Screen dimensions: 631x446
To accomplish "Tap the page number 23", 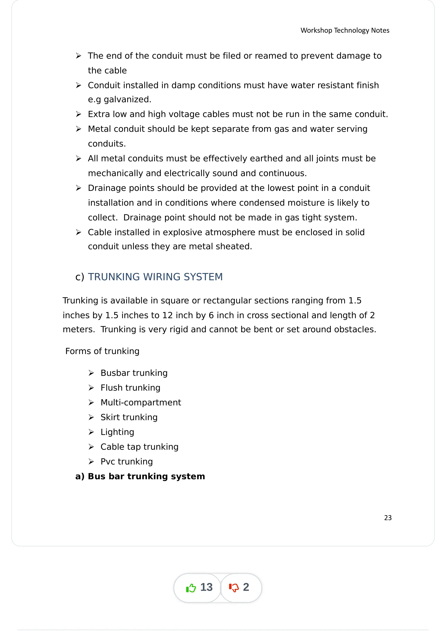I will point(387,518).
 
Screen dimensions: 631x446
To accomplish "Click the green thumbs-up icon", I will point(191,588).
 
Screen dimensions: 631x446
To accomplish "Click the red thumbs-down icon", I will point(234,588).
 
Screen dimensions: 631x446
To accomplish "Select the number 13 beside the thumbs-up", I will point(206,587).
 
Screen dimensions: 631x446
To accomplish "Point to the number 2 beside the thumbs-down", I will point(246,587).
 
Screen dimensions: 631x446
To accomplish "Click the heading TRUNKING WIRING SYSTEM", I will point(155,277).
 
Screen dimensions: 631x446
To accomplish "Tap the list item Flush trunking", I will point(130,388).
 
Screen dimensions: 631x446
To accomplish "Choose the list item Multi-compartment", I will point(141,403).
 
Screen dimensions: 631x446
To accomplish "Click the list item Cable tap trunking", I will point(139,447).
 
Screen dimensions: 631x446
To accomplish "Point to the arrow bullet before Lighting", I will point(91,432).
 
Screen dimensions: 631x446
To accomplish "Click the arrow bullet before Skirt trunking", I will point(91,417).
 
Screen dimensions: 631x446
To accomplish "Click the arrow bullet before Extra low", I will point(79,114).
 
